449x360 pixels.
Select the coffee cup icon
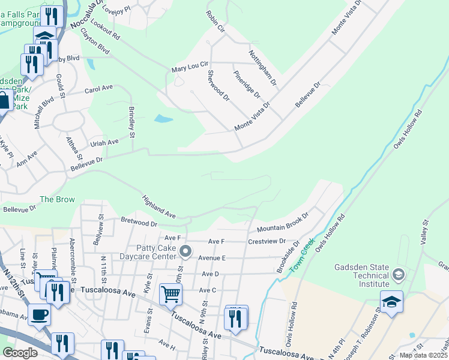[40, 314]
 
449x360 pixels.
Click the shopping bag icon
[4, 100]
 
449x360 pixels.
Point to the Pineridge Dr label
[247, 85]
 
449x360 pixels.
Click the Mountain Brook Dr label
[282, 224]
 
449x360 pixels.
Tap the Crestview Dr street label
[266, 241]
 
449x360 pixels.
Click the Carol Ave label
[98, 89]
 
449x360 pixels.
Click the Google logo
[20, 353]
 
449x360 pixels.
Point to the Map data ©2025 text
[423, 355]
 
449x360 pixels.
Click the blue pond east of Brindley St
[163, 119]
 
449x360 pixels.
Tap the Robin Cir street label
[214, 21]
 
